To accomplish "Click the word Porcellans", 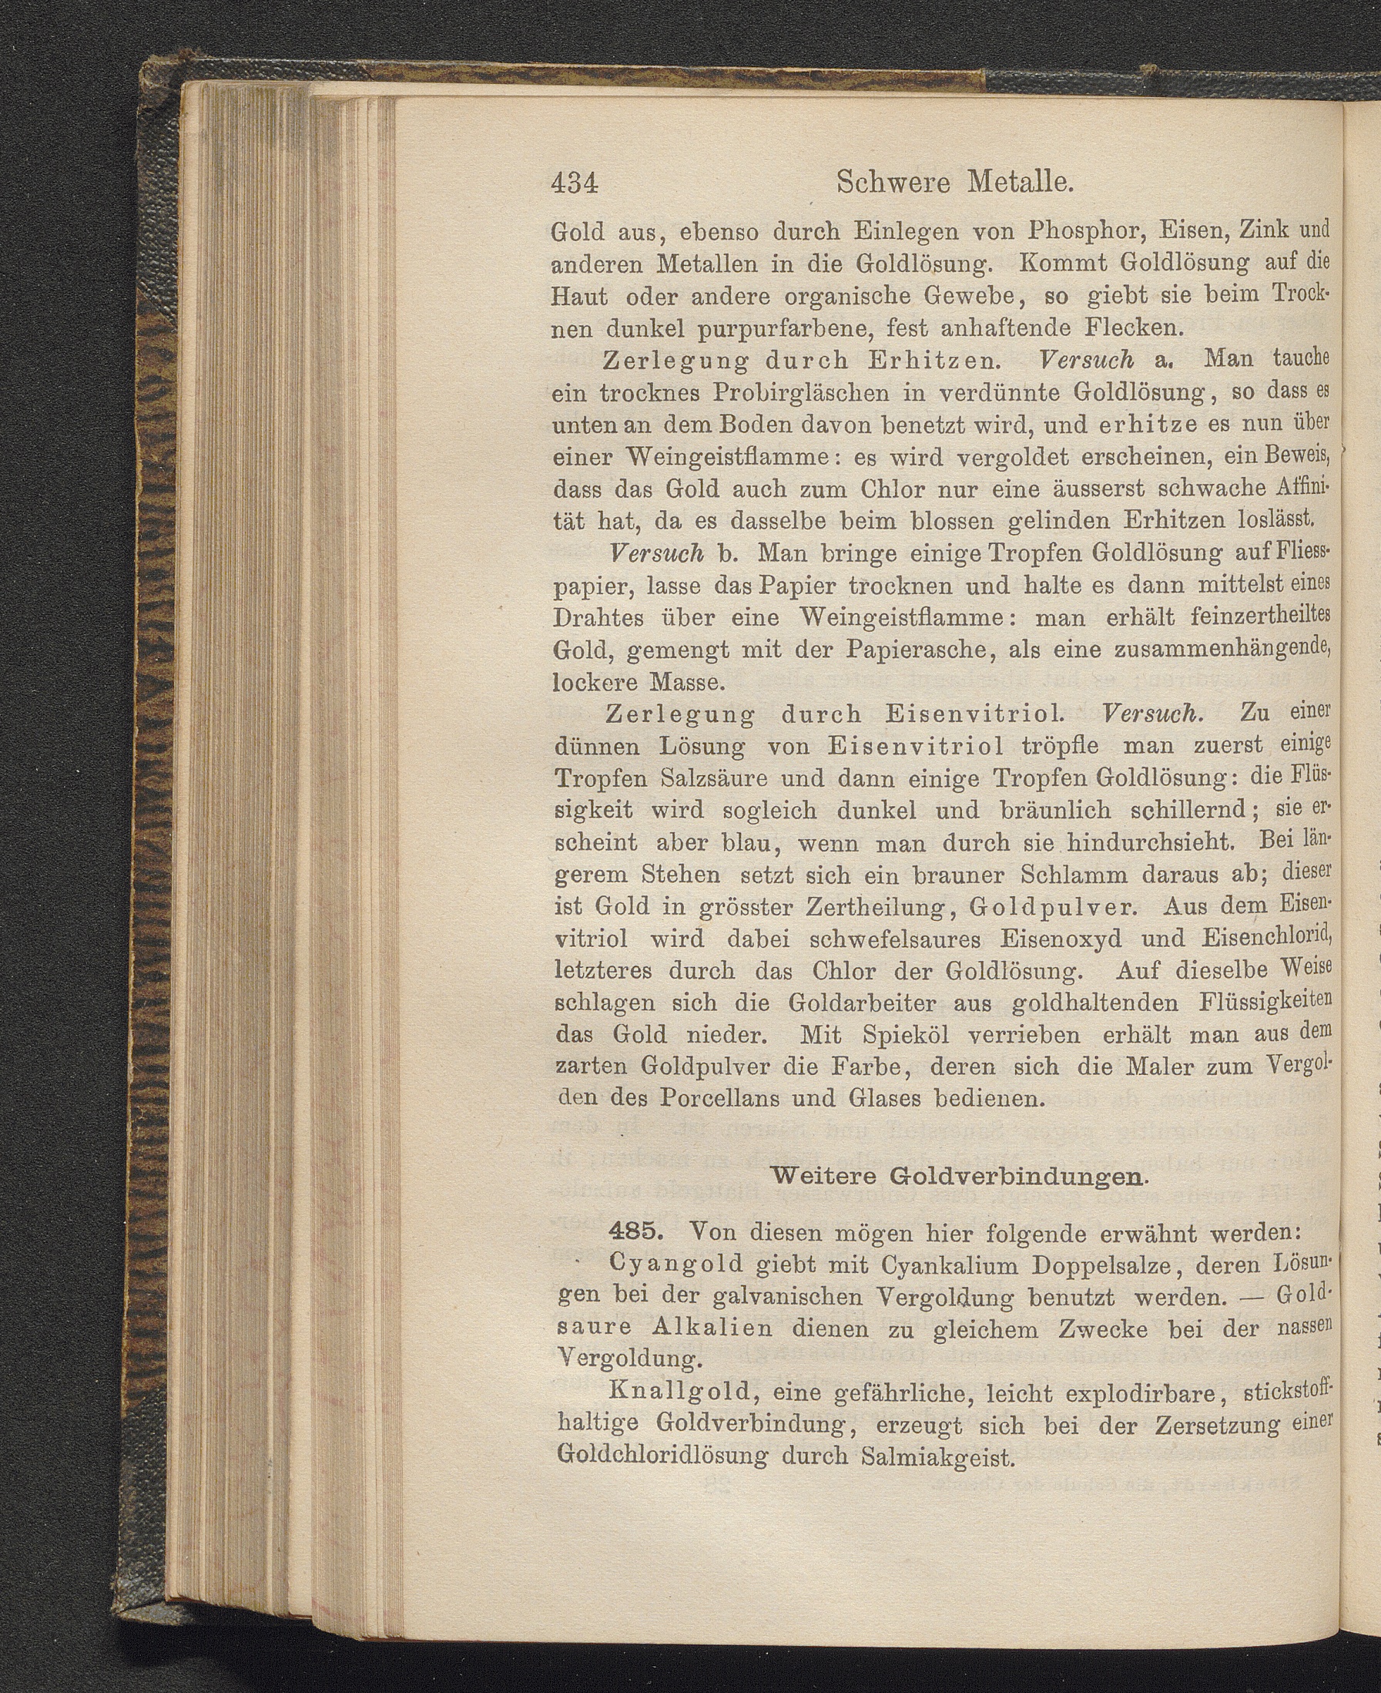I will pyautogui.click(x=741, y=1099).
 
